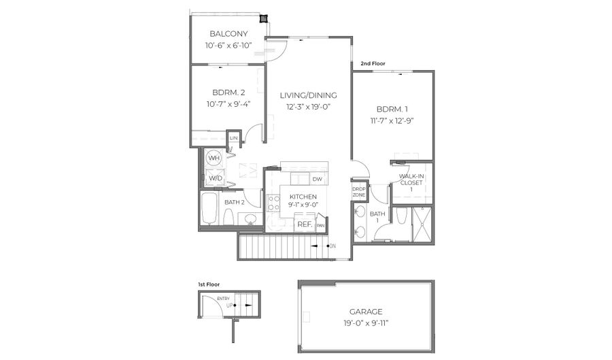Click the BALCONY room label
pos(228,34)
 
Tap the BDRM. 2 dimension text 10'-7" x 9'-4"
pos(228,104)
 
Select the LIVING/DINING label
pos(308,95)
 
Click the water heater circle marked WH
pos(214,158)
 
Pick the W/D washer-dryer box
pos(215,178)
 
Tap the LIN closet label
pos(233,138)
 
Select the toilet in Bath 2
pos(229,218)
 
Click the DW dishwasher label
pos(317,179)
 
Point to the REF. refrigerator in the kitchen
pos(304,224)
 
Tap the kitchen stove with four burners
pos(273,202)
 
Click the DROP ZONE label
pos(358,192)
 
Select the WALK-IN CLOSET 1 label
pos(411,182)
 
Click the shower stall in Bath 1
pos(422,224)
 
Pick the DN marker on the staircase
pos(332,246)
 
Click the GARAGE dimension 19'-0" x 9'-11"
pos(365,324)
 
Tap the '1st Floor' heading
pos(209,284)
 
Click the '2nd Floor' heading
pos(373,63)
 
